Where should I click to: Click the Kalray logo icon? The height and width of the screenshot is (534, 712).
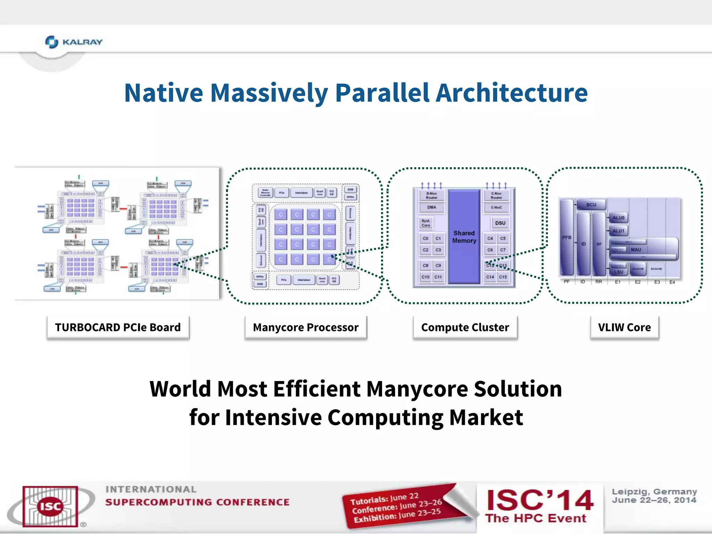click(51, 42)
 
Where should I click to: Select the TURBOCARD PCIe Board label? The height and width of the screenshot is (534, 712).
click(118, 327)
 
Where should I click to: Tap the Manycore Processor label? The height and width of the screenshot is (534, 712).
click(306, 327)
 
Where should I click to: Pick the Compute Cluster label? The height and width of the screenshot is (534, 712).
click(465, 327)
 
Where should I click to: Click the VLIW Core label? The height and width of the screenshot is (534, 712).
click(624, 327)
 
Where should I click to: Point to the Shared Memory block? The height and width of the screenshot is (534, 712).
click(464, 237)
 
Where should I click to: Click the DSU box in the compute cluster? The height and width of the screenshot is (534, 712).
click(500, 223)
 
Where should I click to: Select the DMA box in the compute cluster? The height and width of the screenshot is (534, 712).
click(431, 207)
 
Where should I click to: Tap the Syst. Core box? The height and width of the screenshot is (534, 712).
click(426, 223)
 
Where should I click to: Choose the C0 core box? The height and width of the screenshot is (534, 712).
click(425, 238)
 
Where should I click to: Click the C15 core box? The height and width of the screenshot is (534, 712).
click(503, 277)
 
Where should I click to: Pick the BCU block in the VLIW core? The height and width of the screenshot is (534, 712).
click(591, 205)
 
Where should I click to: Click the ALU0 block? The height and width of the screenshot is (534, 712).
click(618, 218)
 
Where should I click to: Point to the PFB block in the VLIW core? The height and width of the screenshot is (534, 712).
click(567, 237)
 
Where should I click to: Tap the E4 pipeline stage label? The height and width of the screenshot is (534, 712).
click(672, 282)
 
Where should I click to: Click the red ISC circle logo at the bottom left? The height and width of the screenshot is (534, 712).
click(50, 506)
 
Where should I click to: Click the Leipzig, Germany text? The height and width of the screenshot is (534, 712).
click(654, 492)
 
